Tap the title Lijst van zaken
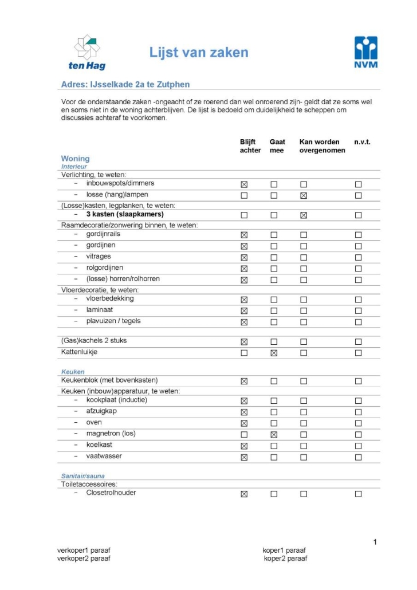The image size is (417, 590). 199,53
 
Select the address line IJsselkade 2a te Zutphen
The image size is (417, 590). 125,84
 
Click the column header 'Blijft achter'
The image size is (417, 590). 250,146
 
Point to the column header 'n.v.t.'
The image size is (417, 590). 362,142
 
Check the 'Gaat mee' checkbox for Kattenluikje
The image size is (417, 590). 274,353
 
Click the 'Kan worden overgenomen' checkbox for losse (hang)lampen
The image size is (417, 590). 304,195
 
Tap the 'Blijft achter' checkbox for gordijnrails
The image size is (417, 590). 244,235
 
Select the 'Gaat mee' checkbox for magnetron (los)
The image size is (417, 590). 274,435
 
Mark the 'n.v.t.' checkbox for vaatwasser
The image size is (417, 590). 358,457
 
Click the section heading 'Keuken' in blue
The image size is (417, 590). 73,372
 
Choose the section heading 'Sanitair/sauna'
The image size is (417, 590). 82,476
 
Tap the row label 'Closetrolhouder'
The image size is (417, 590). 111,493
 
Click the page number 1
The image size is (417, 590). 375,542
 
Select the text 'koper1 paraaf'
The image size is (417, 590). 285,550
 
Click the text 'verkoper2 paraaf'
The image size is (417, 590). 84,558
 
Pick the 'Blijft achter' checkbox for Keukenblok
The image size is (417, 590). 244,381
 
